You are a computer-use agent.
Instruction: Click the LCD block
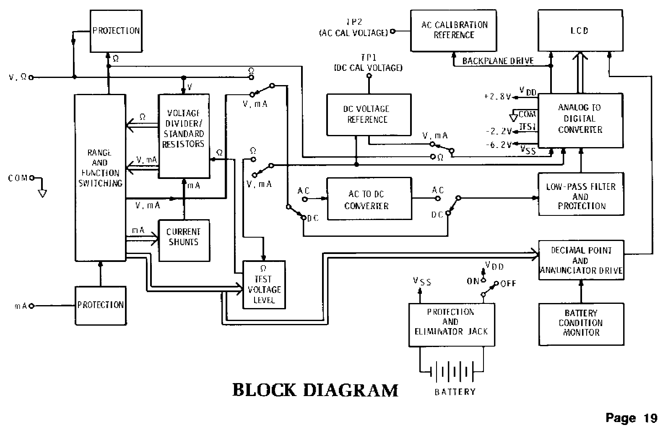point(580,31)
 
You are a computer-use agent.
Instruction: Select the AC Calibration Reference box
point(454,30)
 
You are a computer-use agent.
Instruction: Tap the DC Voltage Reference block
point(368,114)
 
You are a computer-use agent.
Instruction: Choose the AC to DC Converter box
point(369,199)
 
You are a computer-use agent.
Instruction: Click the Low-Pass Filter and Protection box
point(581,194)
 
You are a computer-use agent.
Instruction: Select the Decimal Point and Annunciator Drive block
point(581,260)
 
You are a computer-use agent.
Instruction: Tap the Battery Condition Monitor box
point(581,324)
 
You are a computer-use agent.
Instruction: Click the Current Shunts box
point(184,241)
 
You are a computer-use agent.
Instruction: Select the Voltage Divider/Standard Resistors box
point(184,136)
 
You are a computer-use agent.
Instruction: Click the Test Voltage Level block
point(264,285)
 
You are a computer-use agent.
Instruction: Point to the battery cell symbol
point(452,371)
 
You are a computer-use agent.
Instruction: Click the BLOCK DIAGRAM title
point(315,390)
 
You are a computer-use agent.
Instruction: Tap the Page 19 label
point(631,418)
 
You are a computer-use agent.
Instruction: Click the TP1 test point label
point(368,62)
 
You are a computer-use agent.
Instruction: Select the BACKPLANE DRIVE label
point(498,61)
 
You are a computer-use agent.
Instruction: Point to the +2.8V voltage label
point(497,96)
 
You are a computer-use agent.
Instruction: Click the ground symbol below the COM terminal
point(42,193)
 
